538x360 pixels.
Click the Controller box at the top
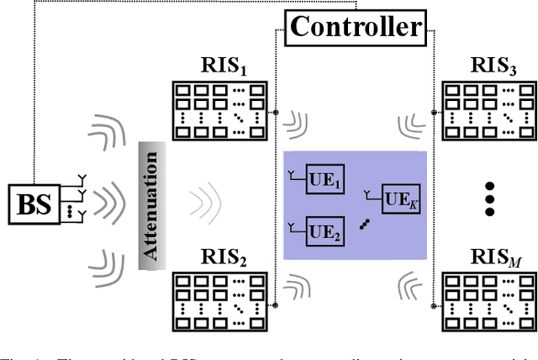pos(355,27)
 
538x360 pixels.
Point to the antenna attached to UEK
pos(368,193)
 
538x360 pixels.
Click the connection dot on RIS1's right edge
pos(277,111)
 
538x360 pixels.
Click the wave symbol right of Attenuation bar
pos(202,203)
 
